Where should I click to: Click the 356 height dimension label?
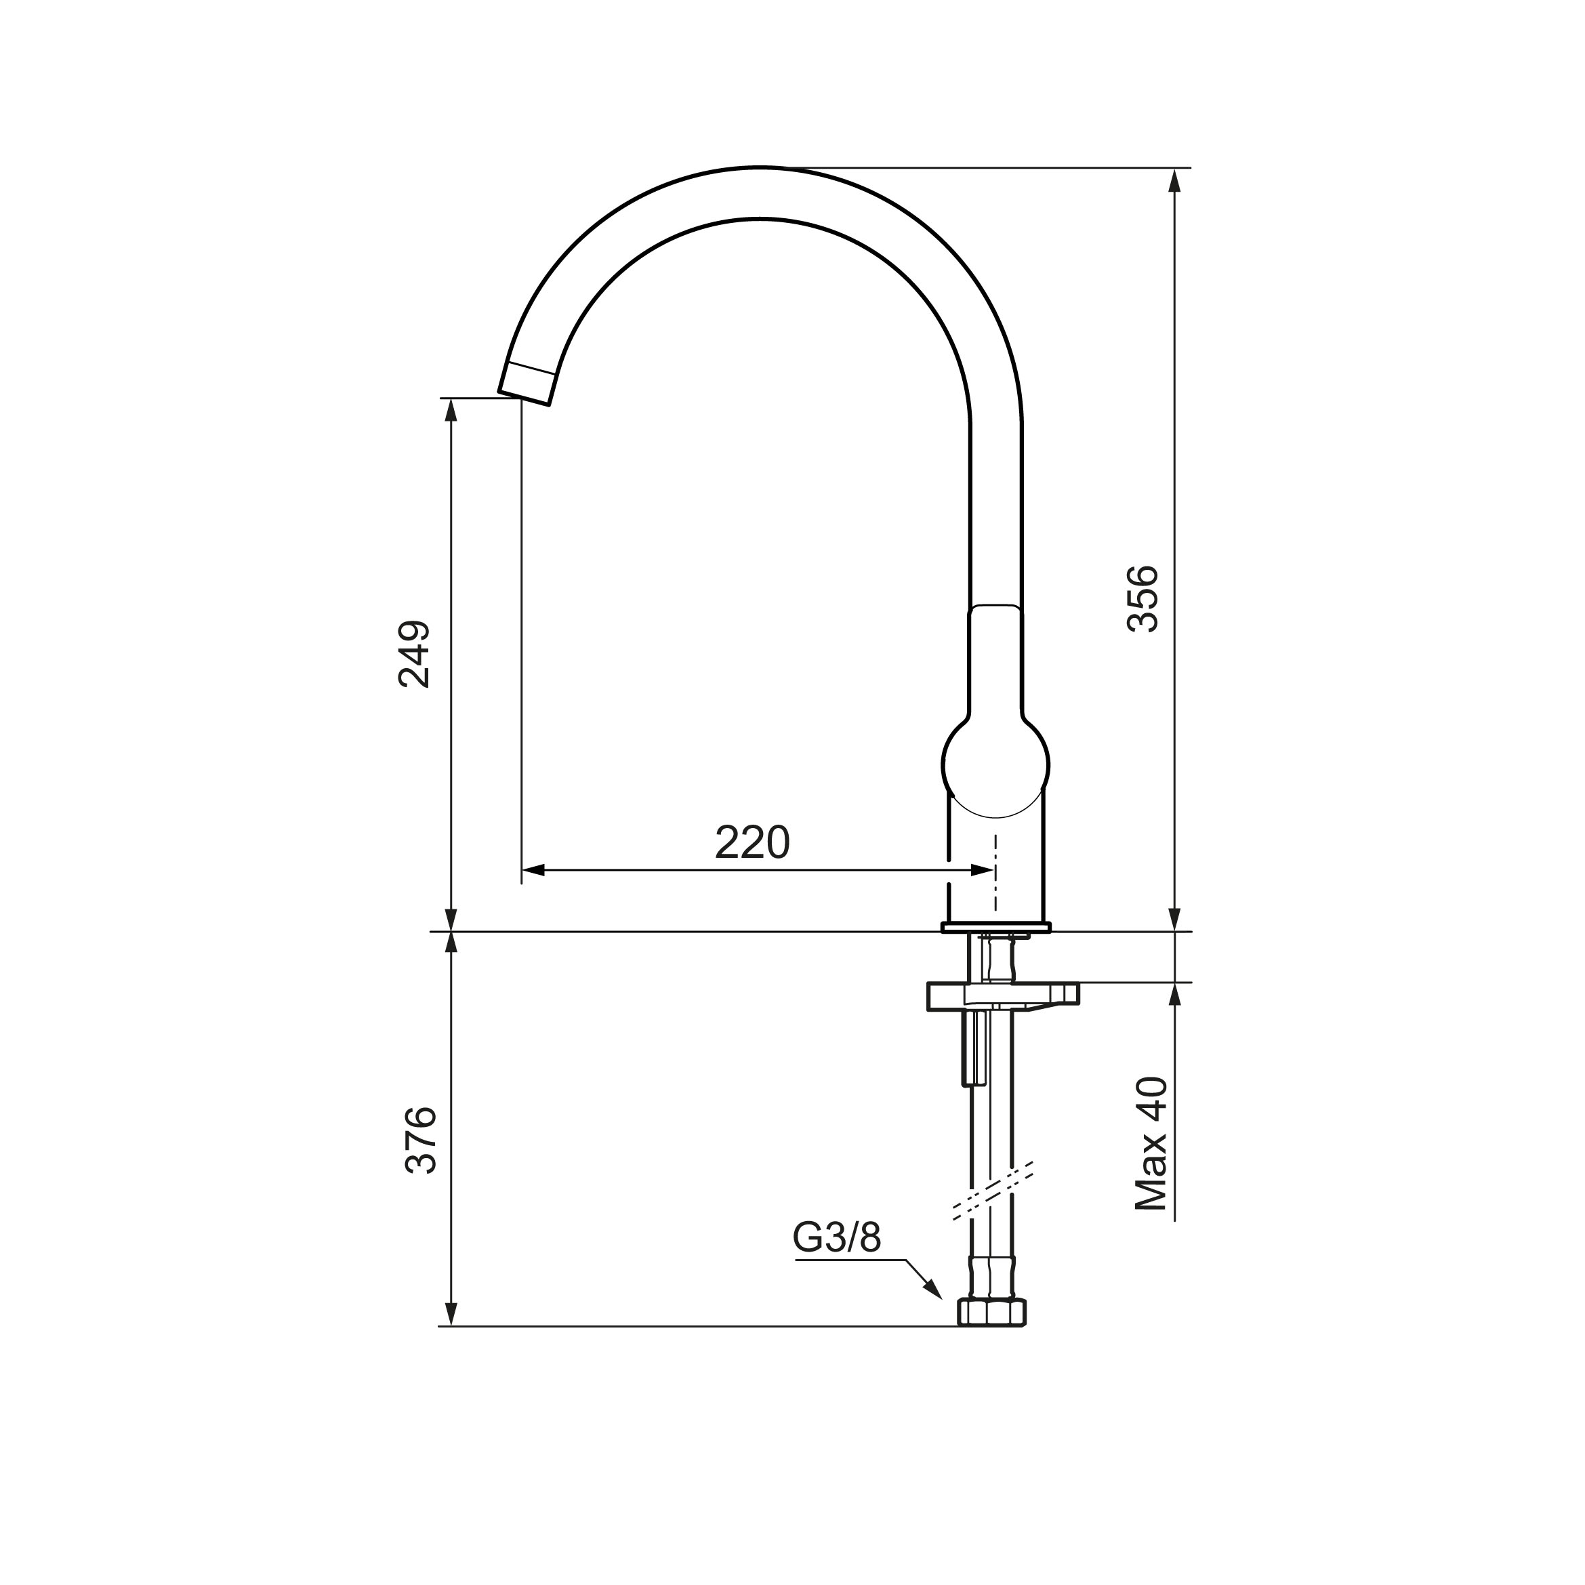tap(1142, 599)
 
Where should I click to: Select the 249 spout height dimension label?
tap(413, 654)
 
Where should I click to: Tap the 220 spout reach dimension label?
tap(752, 842)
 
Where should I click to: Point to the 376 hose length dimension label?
tap(421, 1140)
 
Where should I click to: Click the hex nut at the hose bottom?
tap(992, 1312)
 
